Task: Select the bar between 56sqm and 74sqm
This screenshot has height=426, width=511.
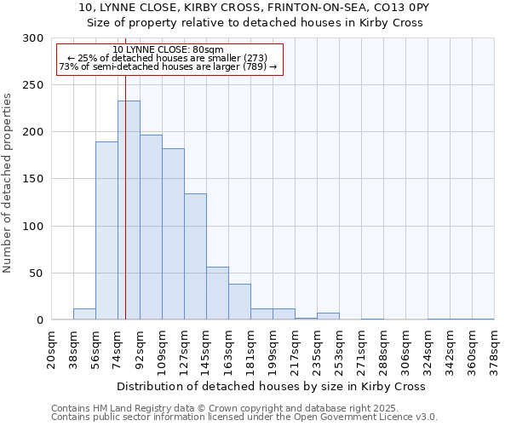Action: [x=106, y=231]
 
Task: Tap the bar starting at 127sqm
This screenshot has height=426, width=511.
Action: [x=195, y=256]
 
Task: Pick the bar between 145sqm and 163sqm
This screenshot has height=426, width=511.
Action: [x=217, y=293]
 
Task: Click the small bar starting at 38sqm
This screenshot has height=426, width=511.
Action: [x=84, y=314]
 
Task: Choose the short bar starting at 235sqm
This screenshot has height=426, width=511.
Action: [x=328, y=316]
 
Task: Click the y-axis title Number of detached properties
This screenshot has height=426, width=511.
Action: [x=8, y=183]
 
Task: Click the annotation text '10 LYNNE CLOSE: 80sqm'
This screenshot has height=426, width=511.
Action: [x=168, y=50]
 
